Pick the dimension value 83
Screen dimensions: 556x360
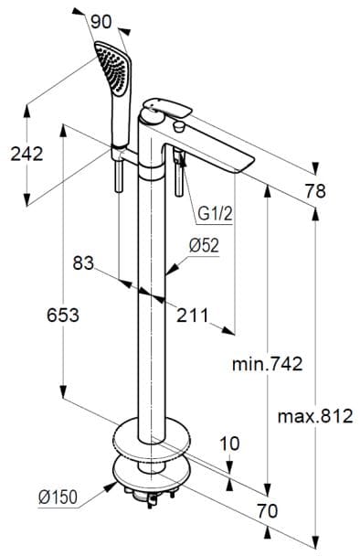click(x=84, y=263)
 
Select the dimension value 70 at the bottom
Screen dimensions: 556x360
click(x=265, y=510)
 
